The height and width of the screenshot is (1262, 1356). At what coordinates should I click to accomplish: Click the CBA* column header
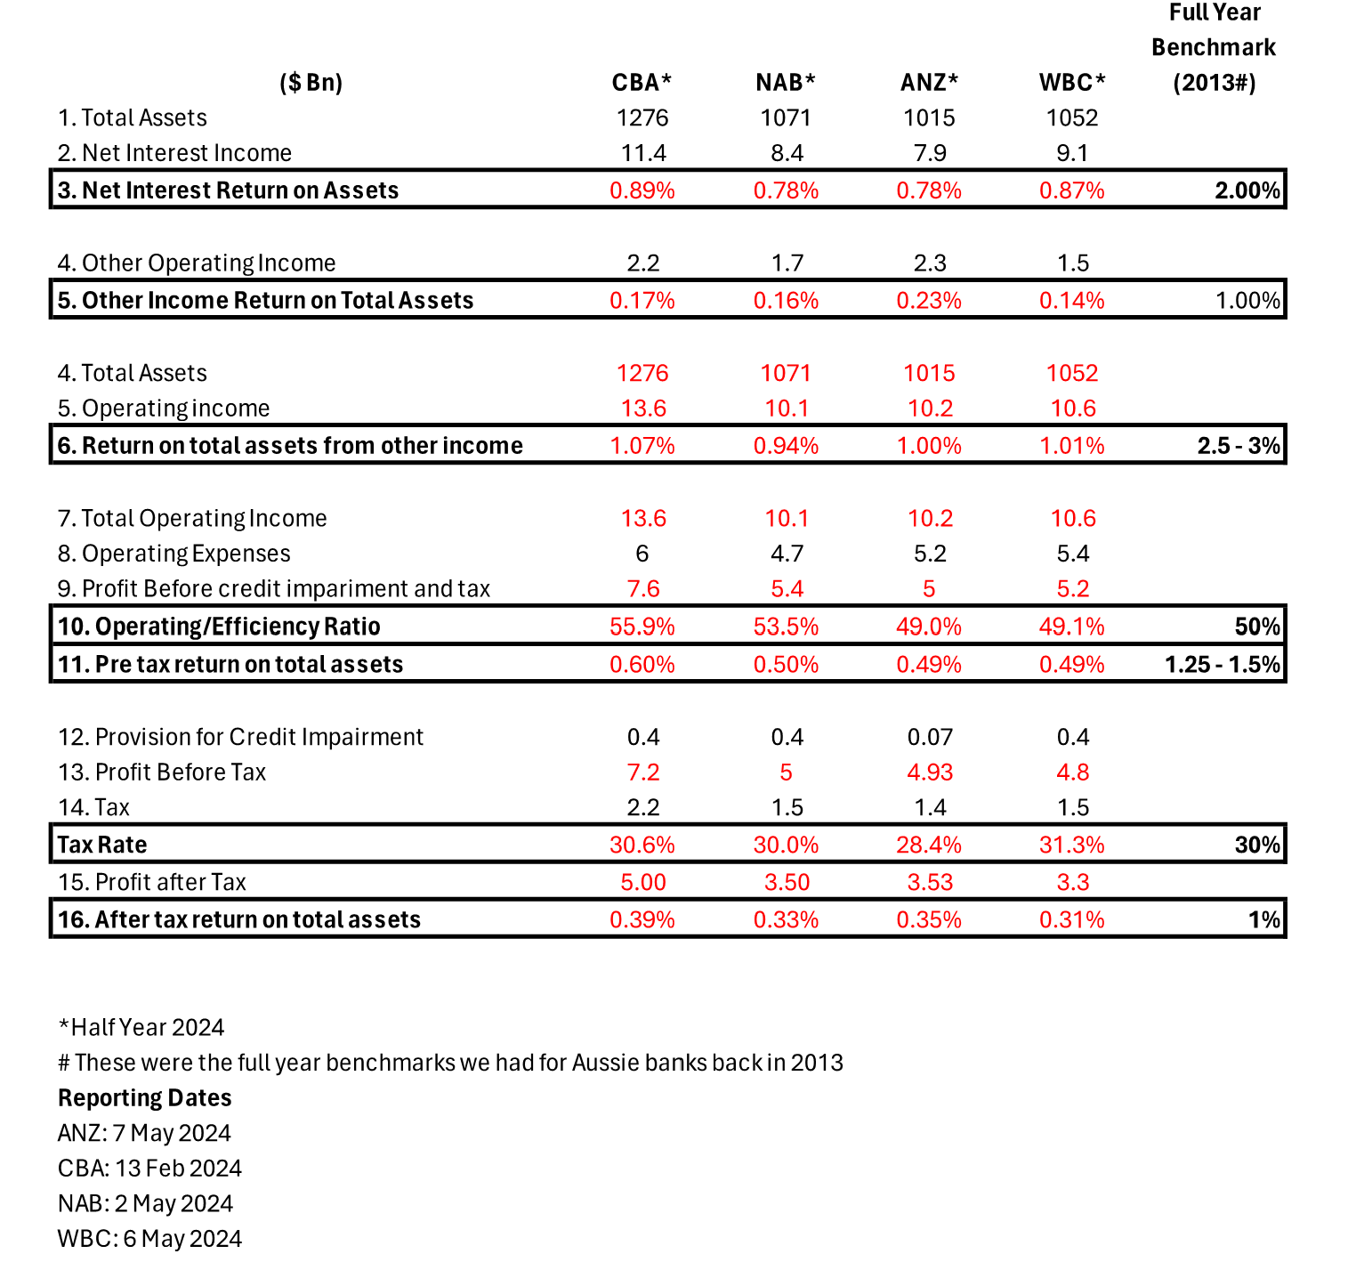click(x=642, y=83)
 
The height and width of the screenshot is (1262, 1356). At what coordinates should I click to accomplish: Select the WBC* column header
click(x=1072, y=83)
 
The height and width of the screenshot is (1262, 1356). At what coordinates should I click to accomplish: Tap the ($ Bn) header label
click(x=311, y=83)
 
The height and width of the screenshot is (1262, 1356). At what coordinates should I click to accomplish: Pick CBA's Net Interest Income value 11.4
click(x=642, y=153)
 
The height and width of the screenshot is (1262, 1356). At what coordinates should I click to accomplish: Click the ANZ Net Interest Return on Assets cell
click(x=929, y=190)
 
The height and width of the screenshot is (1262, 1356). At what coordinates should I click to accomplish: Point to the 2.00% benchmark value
click(x=1247, y=190)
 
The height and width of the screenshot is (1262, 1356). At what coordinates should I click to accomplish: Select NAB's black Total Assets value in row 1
click(x=786, y=117)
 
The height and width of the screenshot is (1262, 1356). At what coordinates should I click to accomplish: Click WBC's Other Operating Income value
click(x=1072, y=263)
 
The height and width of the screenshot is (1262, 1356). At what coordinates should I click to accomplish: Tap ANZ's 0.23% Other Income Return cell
click(x=929, y=301)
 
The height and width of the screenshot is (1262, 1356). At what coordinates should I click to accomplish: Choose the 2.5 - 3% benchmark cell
click(x=1238, y=446)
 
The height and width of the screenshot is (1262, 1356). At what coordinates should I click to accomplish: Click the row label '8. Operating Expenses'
click(x=174, y=554)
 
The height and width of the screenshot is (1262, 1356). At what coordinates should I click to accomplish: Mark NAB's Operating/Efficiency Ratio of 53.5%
click(x=786, y=627)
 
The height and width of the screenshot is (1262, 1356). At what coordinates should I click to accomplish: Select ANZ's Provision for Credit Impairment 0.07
click(x=929, y=737)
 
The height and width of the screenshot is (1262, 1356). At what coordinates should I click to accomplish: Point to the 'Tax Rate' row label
click(x=102, y=845)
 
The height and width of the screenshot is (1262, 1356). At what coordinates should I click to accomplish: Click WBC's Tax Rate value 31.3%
click(x=1072, y=845)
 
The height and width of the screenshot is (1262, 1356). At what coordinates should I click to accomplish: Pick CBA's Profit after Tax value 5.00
click(x=642, y=882)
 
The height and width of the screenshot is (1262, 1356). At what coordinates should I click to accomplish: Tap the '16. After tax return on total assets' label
click(x=239, y=919)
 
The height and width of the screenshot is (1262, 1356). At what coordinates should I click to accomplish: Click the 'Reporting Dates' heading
click(x=145, y=1098)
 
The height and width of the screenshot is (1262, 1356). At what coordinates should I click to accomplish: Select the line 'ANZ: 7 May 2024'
click(x=144, y=1133)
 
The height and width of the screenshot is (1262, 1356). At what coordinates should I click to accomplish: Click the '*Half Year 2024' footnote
click(x=141, y=1028)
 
